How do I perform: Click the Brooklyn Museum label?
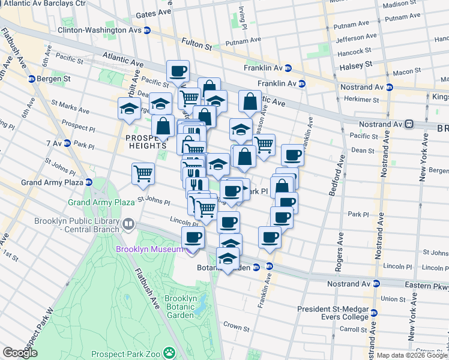(x=146, y=248)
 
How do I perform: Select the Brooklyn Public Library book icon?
(x=128, y=225)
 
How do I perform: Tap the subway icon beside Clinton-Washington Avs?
(x=147, y=29)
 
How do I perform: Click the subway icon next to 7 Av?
(x=67, y=143)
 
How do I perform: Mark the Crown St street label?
(x=237, y=329)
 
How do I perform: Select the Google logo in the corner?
(x=20, y=353)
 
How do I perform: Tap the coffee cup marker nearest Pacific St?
(x=178, y=71)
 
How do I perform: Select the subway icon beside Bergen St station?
(x=31, y=79)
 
